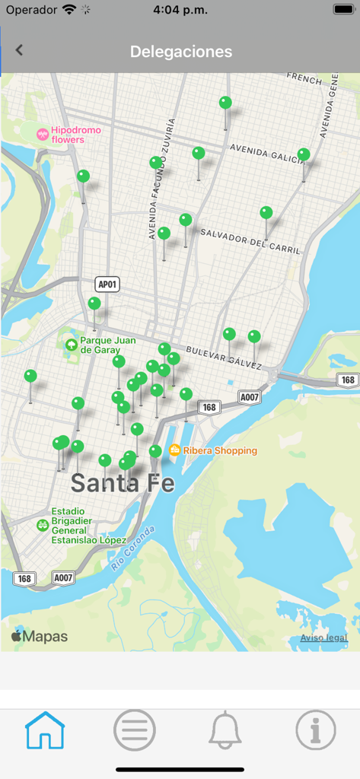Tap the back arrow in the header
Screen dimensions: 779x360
(19, 50)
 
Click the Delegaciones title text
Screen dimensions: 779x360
(180, 52)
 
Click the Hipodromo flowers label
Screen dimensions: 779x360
(75, 135)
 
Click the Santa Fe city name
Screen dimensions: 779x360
(122, 482)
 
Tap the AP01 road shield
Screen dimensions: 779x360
(107, 285)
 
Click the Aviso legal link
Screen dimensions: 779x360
(323, 638)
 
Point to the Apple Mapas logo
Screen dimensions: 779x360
(40, 637)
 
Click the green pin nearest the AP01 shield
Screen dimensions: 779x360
(94, 304)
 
